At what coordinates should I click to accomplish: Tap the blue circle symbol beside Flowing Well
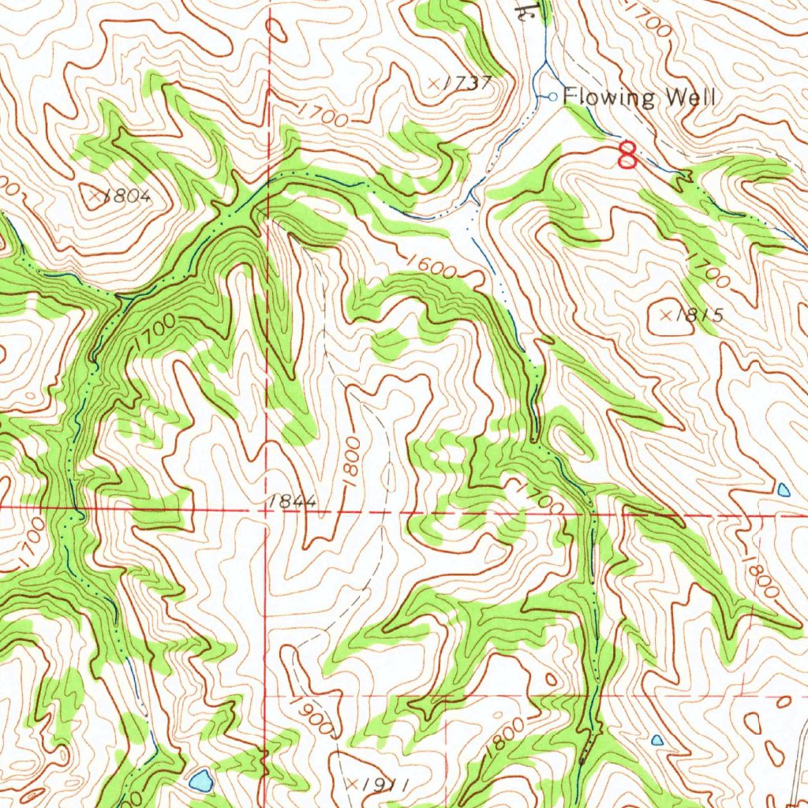[x=552, y=96]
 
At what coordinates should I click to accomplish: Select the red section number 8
[x=627, y=155]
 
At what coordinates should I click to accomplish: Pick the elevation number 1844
[x=291, y=501]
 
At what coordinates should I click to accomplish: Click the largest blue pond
[x=200, y=780]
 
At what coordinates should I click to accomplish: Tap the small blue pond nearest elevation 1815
[x=783, y=489]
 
